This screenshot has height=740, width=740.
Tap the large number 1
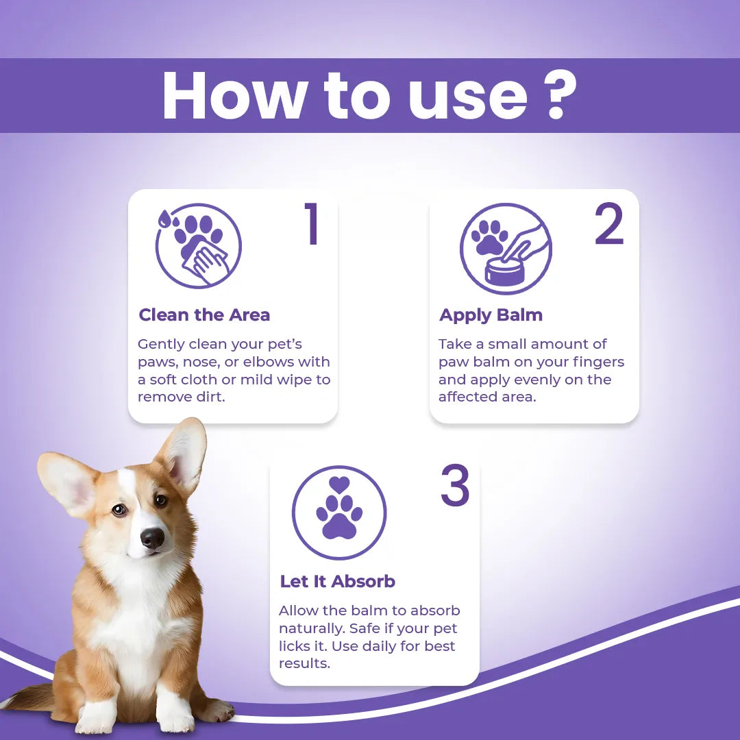(312, 223)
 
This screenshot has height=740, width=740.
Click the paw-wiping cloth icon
(198, 245)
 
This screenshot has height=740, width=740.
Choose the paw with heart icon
(339, 512)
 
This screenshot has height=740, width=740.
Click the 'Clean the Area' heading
(204, 314)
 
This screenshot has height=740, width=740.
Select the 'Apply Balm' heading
(491, 315)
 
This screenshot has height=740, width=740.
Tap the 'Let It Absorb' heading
(337, 582)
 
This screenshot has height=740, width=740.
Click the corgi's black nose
(152, 538)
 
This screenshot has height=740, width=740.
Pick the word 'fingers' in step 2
(598, 362)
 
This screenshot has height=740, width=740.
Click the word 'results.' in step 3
(304, 663)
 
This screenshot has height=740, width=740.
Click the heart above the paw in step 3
(339, 484)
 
